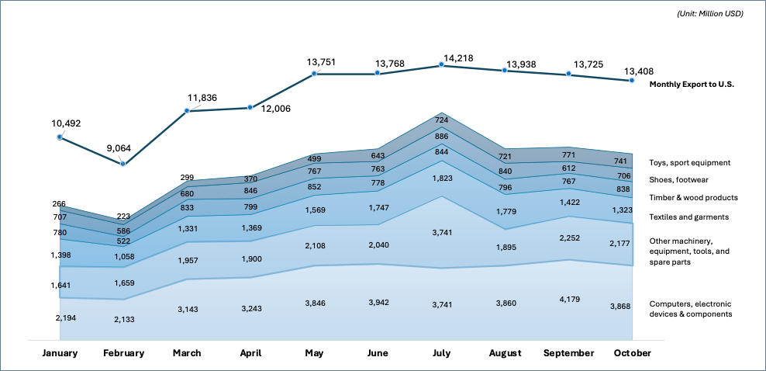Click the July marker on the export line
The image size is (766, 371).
(x=441, y=65)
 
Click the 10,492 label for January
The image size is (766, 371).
(x=66, y=123)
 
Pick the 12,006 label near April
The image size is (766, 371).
(x=275, y=109)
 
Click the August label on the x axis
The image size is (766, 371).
(x=505, y=353)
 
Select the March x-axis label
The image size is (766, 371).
(x=187, y=353)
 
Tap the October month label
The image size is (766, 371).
(x=633, y=353)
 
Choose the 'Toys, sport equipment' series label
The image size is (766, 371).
(x=690, y=163)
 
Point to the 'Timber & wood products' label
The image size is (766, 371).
(x=693, y=198)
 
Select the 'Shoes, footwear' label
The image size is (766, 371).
(x=680, y=180)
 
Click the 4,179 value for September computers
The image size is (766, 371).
(x=569, y=301)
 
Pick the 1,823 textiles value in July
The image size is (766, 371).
(x=441, y=178)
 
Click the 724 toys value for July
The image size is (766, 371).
(x=441, y=120)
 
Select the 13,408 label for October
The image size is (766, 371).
(x=640, y=75)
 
